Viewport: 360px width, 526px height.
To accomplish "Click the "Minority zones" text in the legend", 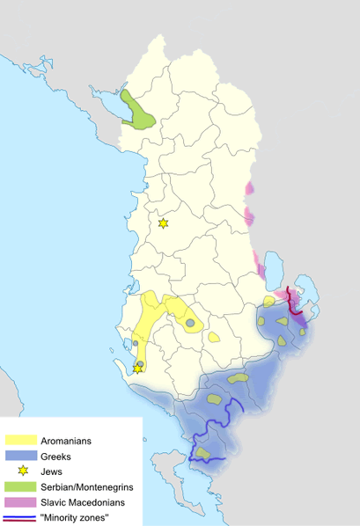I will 75,517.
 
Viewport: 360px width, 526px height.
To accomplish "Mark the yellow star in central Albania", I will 163,223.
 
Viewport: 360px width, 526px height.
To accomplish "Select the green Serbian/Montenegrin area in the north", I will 137,113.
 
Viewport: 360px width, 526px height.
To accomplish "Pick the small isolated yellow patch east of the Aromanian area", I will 214,336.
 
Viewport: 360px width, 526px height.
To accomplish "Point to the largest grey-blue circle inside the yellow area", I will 190,323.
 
